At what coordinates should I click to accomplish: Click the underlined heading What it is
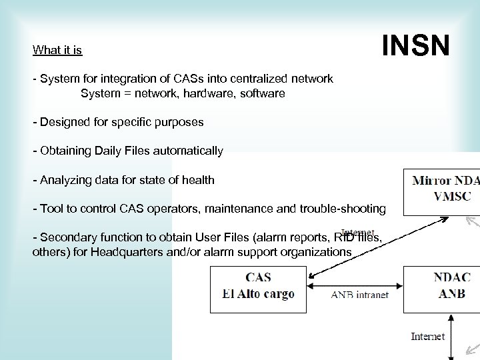coord(57,50)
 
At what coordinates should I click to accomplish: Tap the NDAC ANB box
coord(442,285)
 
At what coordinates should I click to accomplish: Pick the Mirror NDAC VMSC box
coord(441,188)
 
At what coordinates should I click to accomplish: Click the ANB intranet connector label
coord(359,295)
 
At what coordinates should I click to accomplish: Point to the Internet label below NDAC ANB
coord(428,336)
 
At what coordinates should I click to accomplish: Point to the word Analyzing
coord(65,179)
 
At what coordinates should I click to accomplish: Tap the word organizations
coord(313,252)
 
